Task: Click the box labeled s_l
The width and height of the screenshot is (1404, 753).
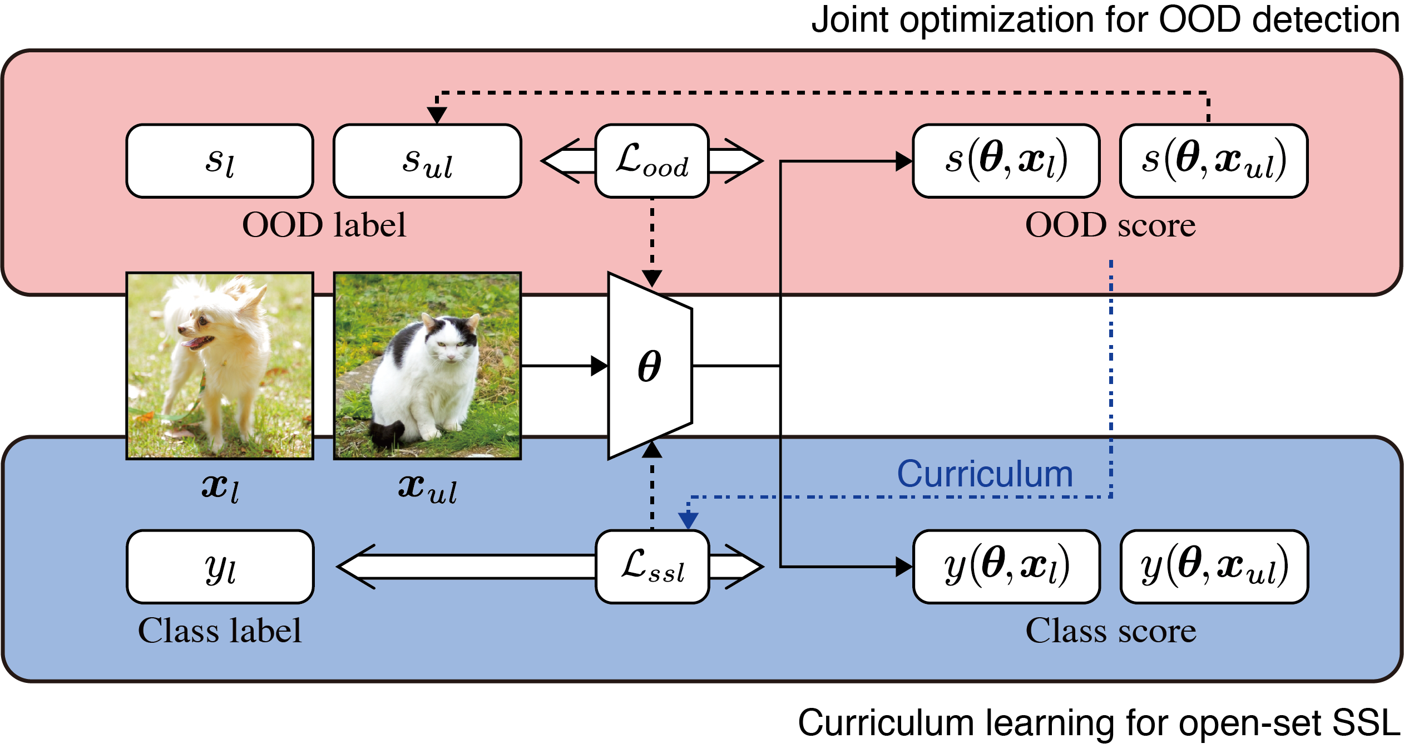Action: pos(220,161)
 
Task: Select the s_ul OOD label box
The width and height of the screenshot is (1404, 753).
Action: pos(427,161)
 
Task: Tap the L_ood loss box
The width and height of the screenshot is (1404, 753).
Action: pos(652,161)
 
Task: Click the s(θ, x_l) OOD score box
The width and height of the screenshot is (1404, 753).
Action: pos(1006,161)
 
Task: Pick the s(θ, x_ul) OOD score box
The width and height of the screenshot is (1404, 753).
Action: pos(1214,161)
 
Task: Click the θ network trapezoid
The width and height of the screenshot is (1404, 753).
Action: pos(650,366)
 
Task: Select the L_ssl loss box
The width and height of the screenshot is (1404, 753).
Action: pos(652,567)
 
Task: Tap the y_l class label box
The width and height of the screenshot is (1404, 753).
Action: pos(220,567)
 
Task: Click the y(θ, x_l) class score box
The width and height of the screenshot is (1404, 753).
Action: pos(1006,567)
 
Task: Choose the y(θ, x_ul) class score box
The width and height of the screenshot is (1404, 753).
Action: pos(1214,567)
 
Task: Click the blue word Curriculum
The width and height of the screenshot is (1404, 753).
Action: pos(985,474)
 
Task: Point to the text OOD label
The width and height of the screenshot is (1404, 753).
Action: pos(324,225)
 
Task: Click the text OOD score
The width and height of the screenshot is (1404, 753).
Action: pos(1110,225)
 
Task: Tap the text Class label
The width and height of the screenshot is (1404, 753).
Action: pos(220,631)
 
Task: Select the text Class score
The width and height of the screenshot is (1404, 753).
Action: pos(1111,631)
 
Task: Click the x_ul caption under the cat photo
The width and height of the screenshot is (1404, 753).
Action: pos(427,489)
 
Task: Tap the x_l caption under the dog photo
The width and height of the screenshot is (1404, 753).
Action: pos(220,489)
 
